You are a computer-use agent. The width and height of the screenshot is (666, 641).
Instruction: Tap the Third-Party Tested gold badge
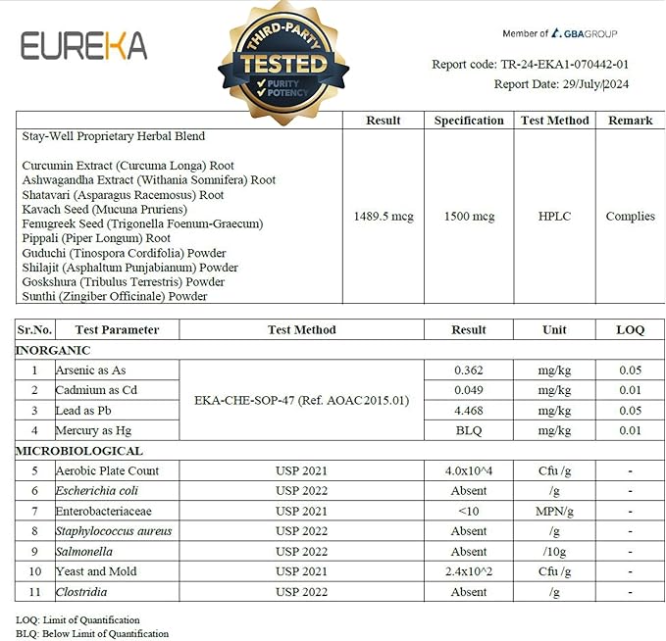pyautogui.click(x=283, y=64)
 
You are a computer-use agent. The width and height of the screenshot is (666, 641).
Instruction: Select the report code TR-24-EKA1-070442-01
pyautogui.click(x=530, y=65)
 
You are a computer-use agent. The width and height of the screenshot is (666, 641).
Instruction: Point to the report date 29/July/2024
pyautogui.click(x=561, y=84)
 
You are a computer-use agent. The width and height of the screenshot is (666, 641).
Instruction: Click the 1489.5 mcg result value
pyautogui.click(x=384, y=217)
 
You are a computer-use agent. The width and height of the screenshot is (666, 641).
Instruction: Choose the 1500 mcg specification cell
pyautogui.click(x=469, y=217)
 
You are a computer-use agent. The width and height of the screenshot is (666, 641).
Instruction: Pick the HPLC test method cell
pyautogui.click(x=554, y=217)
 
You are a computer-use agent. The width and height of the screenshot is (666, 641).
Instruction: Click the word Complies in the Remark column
pyautogui.click(x=630, y=217)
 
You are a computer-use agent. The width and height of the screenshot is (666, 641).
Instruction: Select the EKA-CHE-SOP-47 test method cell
pyautogui.click(x=301, y=400)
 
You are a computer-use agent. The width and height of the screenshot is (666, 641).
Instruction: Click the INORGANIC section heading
pyautogui.click(x=53, y=350)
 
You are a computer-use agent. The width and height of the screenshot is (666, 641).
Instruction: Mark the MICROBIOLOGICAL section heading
pyautogui.click(x=79, y=451)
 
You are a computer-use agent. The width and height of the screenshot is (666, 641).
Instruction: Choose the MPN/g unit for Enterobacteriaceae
pyautogui.click(x=554, y=511)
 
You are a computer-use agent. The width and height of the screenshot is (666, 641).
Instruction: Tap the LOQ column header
pyautogui.click(x=630, y=329)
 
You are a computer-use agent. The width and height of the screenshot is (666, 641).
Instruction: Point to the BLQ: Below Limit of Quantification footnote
pyautogui.click(x=92, y=633)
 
